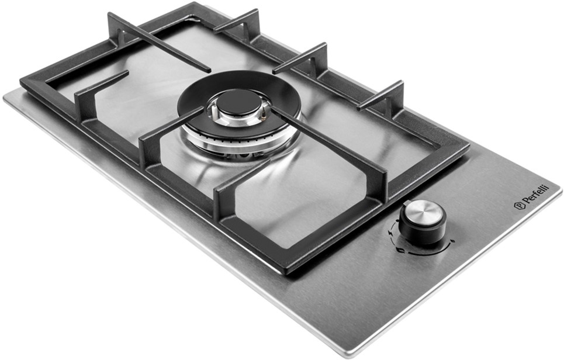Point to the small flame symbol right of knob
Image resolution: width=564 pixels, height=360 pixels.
(452, 241)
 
